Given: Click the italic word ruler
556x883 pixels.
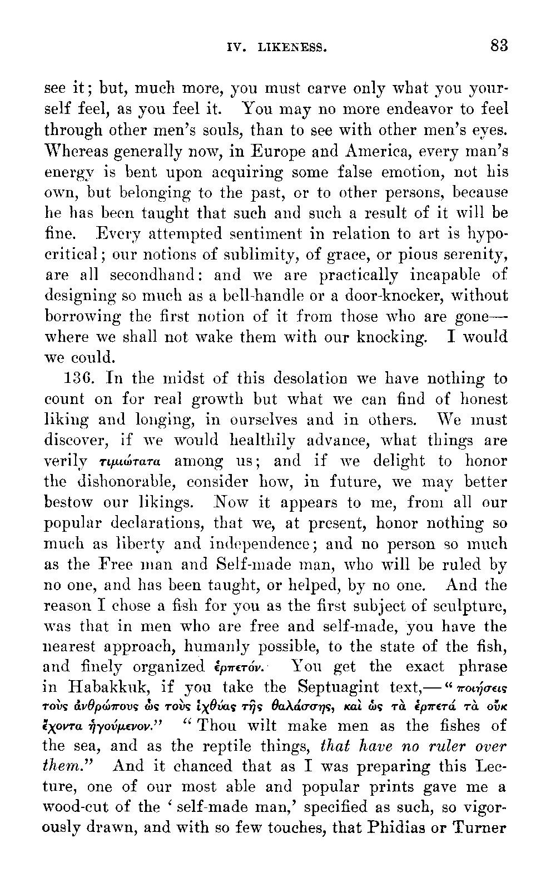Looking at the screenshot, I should [428, 746].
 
